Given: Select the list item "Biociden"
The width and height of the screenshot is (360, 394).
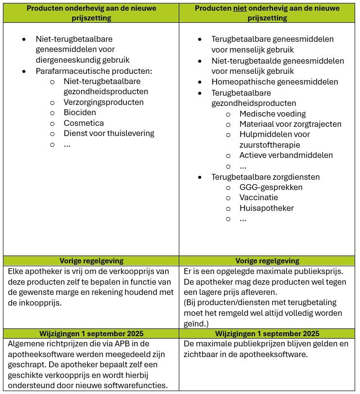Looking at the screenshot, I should pyautogui.click(x=77, y=113).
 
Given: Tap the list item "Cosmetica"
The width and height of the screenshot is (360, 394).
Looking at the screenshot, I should pyautogui.click(x=84, y=123).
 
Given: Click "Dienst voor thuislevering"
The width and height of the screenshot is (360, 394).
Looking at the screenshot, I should pyautogui.click(x=109, y=133).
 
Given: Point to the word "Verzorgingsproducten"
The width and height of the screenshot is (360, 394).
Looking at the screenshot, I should pyautogui.click(x=103, y=102).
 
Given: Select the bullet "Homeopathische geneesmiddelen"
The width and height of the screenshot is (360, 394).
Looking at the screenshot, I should pyautogui.click(x=274, y=82).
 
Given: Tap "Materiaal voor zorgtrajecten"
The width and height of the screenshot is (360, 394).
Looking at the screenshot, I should pyautogui.click(x=290, y=124).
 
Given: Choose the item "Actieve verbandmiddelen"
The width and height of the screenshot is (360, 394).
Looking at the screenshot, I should pyautogui.click(x=286, y=155).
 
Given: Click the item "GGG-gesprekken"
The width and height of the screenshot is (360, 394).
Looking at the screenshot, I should pyautogui.click(x=271, y=187).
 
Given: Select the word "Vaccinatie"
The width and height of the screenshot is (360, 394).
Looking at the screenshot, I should pyautogui.click(x=259, y=198).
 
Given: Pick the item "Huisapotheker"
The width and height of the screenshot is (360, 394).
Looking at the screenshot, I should pyautogui.click(x=267, y=208).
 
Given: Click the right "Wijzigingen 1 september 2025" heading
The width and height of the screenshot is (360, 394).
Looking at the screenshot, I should pyautogui.click(x=267, y=333).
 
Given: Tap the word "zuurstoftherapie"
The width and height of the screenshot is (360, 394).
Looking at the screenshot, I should pyautogui.click(x=270, y=145).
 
